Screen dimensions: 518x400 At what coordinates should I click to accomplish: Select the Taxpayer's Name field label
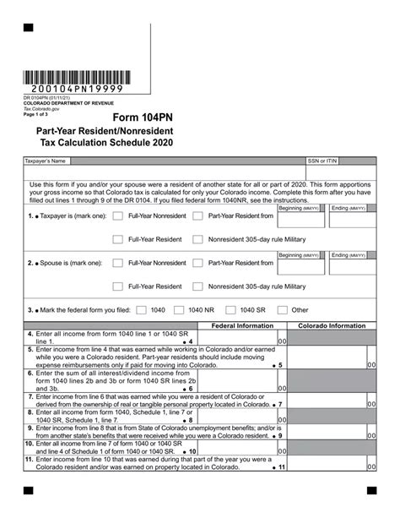[45, 160]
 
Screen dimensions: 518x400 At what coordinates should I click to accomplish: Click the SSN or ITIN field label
[322, 160]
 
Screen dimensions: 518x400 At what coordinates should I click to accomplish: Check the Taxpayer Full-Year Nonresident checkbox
[118, 216]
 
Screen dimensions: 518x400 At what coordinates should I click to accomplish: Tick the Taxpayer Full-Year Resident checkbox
[118, 239]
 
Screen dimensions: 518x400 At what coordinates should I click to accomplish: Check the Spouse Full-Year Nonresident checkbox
[118, 264]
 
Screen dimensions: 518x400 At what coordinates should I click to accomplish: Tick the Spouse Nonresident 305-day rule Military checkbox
[197, 286]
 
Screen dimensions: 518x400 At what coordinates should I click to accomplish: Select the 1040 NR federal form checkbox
[178, 310]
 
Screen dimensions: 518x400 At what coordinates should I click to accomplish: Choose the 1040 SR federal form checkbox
[230, 310]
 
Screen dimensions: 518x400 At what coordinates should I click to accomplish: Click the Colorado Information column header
[332, 325]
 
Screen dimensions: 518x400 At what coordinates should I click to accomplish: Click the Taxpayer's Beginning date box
[301, 219]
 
